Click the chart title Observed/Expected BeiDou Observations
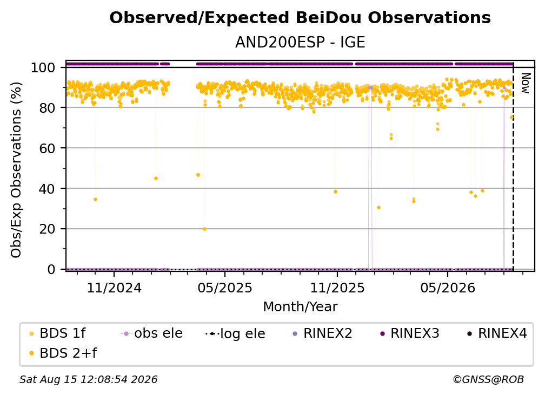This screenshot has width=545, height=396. click(300, 18)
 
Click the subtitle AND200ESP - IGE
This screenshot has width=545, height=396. click(300, 43)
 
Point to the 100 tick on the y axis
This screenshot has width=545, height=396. click(43, 67)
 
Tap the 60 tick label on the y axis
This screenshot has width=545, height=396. click(47, 148)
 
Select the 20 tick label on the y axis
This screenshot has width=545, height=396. click(47, 229)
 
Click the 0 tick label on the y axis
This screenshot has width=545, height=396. click(51, 269)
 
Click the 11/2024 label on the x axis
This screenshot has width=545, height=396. click(114, 288)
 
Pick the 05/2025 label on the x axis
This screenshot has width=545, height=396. click(225, 288)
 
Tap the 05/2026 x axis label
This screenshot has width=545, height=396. click(448, 288)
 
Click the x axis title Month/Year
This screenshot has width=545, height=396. click(300, 307)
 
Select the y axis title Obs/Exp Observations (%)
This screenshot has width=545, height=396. click(16, 169)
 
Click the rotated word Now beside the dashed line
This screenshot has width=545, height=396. click(525, 83)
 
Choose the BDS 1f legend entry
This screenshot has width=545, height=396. click(58, 333)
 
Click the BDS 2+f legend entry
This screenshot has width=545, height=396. click(63, 353)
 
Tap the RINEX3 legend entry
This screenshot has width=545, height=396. click(410, 333)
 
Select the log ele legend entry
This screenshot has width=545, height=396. click(236, 333)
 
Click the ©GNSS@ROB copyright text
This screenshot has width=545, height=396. click(488, 380)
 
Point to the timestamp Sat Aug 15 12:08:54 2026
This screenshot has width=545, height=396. click(88, 380)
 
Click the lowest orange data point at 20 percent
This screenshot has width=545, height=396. click(205, 229)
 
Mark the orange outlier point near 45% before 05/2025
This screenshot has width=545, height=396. click(156, 179)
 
